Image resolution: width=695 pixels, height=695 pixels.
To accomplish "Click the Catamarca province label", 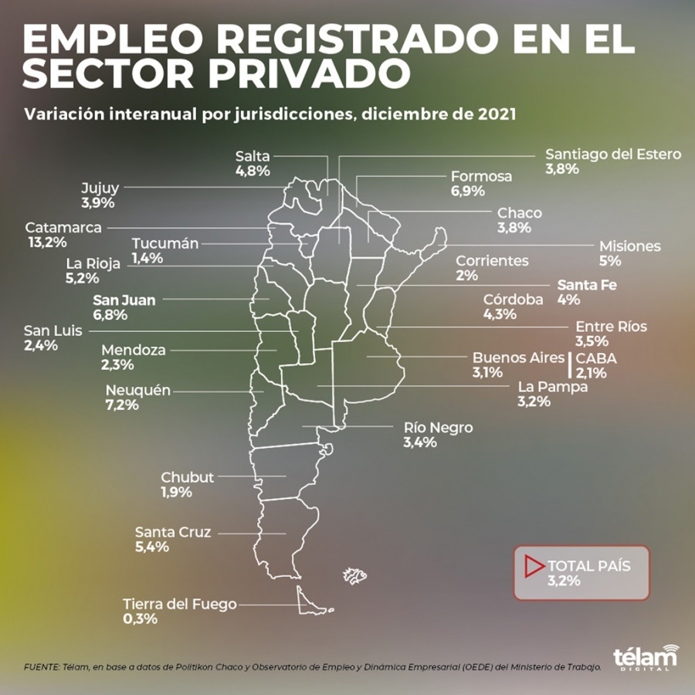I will (x=63, y=228).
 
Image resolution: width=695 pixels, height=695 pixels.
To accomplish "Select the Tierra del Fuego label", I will (x=179, y=604).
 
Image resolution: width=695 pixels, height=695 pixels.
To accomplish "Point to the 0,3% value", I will (x=140, y=619).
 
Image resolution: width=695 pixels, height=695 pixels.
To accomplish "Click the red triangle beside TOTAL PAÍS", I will (x=533, y=566).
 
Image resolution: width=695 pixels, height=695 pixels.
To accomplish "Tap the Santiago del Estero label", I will (x=613, y=154).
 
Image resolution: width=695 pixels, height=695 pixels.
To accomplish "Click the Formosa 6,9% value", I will (x=468, y=191).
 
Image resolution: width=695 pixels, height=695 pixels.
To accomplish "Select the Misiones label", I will (x=630, y=246).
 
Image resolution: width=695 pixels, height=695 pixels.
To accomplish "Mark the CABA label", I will (x=596, y=358).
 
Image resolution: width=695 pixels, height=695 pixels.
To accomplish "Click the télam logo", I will (x=645, y=657).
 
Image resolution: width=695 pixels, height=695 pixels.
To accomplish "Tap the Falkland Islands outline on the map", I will (x=355, y=575).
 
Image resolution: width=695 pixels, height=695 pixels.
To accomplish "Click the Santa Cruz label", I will (x=172, y=532).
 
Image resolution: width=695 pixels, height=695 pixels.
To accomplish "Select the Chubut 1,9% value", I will (x=176, y=492).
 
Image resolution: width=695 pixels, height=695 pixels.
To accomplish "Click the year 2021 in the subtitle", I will (x=495, y=114).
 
